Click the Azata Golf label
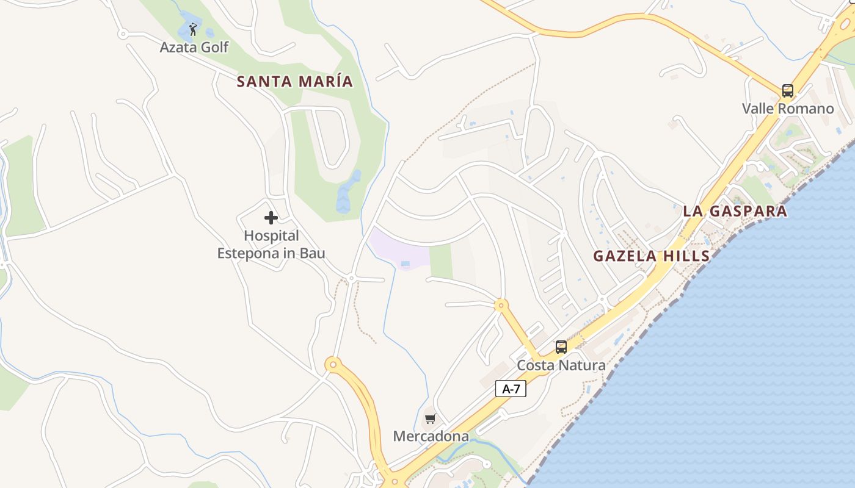point(194,47)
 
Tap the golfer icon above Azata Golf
point(194,29)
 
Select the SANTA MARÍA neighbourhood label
point(295,81)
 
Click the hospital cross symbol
point(271,218)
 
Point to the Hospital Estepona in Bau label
point(271,244)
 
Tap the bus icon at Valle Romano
point(788,91)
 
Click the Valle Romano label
point(788,109)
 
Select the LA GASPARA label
point(735,211)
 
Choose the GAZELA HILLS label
point(652,256)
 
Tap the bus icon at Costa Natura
point(561,347)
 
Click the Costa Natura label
point(561,365)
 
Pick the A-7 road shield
point(511,389)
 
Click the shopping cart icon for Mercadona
point(431,418)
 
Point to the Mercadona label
point(431,436)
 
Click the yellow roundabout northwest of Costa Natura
point(501,304)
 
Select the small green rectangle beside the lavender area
point(441,261)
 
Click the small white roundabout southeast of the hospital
point(351,278)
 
